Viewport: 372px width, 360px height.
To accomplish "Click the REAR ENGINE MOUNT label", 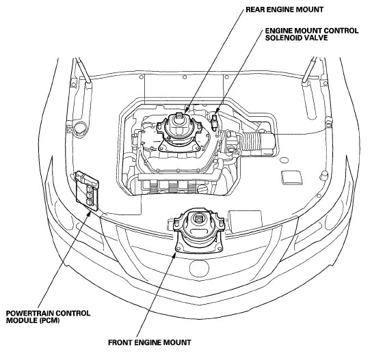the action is pyautogui.click(x=284, y=10).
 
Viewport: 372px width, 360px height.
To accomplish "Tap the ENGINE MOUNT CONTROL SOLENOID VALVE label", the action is pyautogui.click(x=312, y=34).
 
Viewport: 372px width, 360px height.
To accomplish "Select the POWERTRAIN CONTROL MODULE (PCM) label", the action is pyautogui.click(x=48, y=317).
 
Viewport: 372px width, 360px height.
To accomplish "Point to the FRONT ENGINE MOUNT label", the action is pyautogui.click(x=150, y=342).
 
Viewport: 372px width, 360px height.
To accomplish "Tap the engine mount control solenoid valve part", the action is pyautogui.click(x=215, y=122).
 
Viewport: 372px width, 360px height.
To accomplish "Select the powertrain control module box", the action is pyautogui.click(x=87, y=191).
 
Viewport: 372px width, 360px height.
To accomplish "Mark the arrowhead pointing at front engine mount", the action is pyautogui.click(x=174, y=255).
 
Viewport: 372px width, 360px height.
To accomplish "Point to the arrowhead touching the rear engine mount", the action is pyautogui.click(x=186, y=109).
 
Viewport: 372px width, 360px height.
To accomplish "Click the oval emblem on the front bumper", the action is pyautogui.click(x=200, y=268).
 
